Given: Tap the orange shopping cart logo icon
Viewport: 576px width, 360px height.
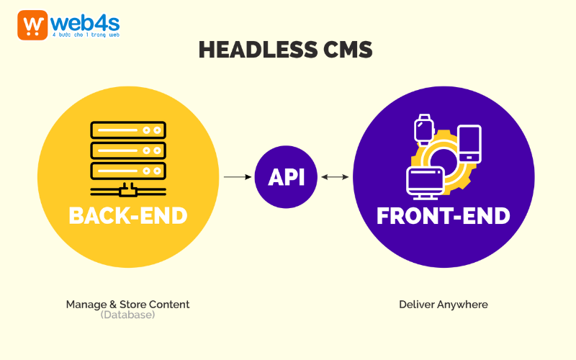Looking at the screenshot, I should tap(32, 25).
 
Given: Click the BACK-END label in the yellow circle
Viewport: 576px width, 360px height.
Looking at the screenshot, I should tap(127, 215).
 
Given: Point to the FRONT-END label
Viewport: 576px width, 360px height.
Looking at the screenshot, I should tap(444, 215).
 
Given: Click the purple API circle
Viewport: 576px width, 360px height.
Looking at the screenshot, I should tap(286, 176).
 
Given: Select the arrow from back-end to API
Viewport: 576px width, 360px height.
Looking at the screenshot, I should tap(237, 176).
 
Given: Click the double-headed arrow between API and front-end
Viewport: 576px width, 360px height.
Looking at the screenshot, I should tap(335, 176).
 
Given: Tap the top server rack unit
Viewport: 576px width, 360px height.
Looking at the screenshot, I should tap(127, 130).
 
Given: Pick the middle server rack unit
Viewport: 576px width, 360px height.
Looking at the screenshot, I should tap(127, 151).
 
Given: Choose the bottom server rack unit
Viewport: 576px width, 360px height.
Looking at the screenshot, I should tap(127, 171).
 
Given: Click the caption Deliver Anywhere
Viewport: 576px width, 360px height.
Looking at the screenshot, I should tap(444, 305).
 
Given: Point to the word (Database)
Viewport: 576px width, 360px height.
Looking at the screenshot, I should tap(127, 315).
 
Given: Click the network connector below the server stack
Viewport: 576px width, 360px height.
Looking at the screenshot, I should tap(127, 191).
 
